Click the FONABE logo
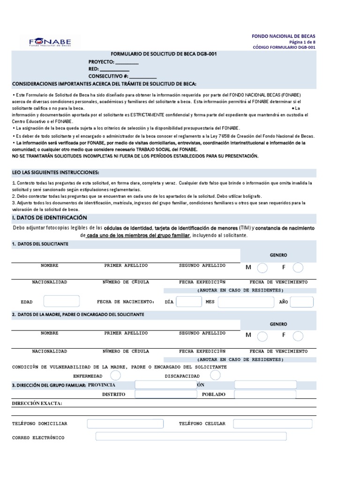50,42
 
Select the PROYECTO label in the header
101,62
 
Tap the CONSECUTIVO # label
108,76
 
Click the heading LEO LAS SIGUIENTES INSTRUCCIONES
55,172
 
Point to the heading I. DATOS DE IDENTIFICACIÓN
49,217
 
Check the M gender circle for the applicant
263,268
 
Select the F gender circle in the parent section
298,336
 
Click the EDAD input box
61,302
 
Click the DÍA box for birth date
189,302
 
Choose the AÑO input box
301,302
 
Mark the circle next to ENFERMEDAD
115,375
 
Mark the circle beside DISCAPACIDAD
215,375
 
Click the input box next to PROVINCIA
165,385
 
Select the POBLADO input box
265,395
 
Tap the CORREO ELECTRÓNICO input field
191,437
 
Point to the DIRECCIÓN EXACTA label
37,404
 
